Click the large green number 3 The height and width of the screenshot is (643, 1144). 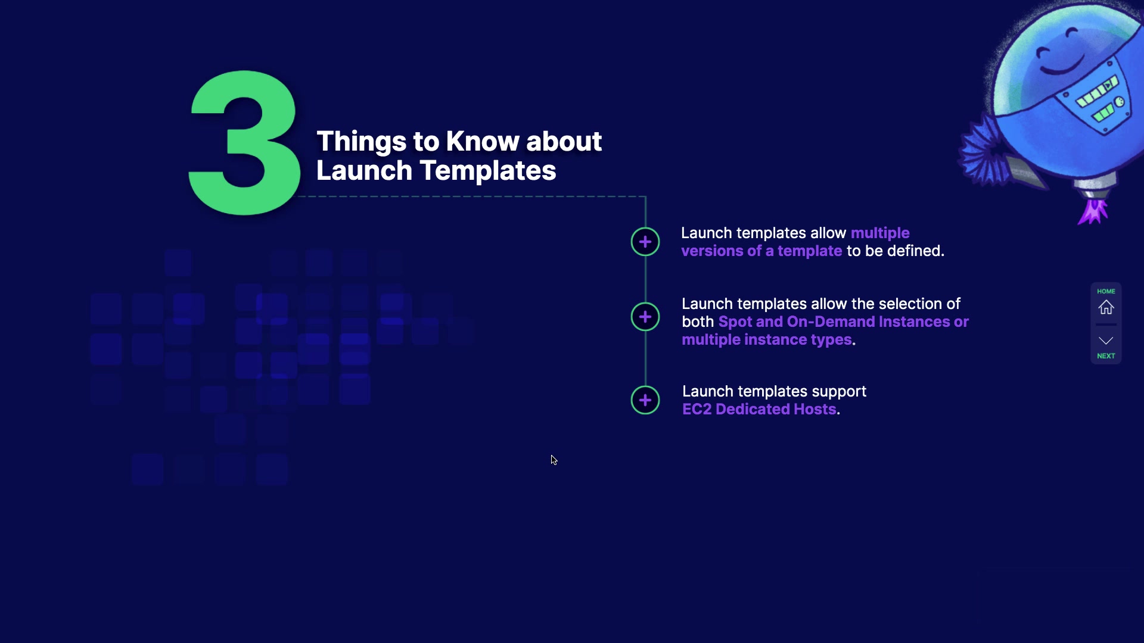tap(244, 143)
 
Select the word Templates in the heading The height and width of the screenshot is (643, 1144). tap(488, 171)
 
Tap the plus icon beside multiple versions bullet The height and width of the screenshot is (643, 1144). tap(645, 242)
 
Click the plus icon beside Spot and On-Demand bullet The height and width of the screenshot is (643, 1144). tap(645, 317)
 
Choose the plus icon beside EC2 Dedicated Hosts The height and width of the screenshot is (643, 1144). tap(645, 400)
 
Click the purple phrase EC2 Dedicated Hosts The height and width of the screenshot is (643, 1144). tap(759, 410)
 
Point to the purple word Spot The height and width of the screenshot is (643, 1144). tap(735, 322)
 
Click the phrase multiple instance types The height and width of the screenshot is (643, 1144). tap(767, 340)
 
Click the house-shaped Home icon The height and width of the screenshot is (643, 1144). tap(1106, 307)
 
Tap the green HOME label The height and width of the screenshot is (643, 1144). tap(1106, 291)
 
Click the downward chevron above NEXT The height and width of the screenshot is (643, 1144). tap(1106, 341)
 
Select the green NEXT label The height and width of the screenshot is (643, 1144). tap(1106, 356)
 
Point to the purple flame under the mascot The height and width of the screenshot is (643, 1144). tap(1093, 212)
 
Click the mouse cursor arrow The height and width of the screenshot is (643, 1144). tap(554, 460)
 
